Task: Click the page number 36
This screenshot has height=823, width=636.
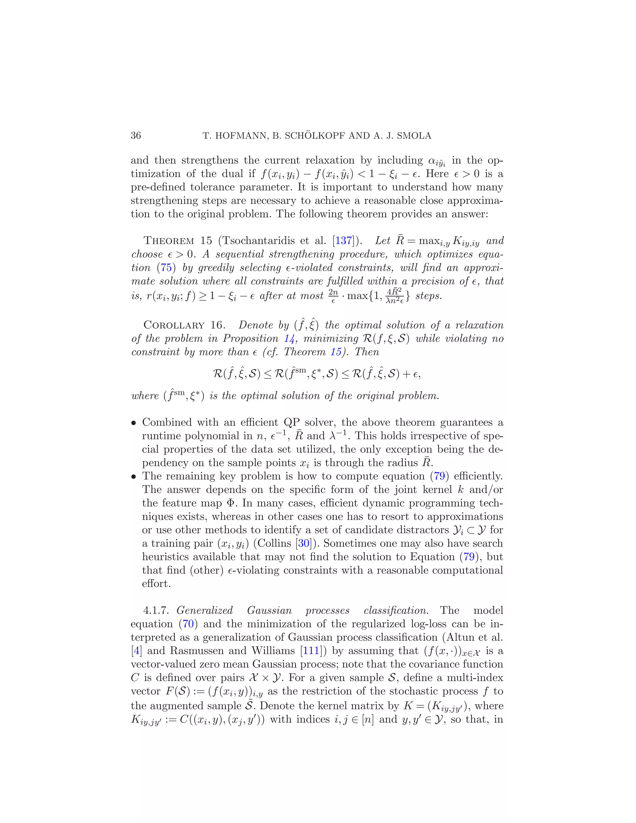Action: click(136, 136)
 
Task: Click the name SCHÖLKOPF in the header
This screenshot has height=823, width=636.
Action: click(315, 136)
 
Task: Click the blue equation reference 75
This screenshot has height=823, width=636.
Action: click(166, 267)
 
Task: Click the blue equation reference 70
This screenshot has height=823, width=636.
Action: click(188, 624)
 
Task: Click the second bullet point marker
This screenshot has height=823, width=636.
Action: click(133, 477)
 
